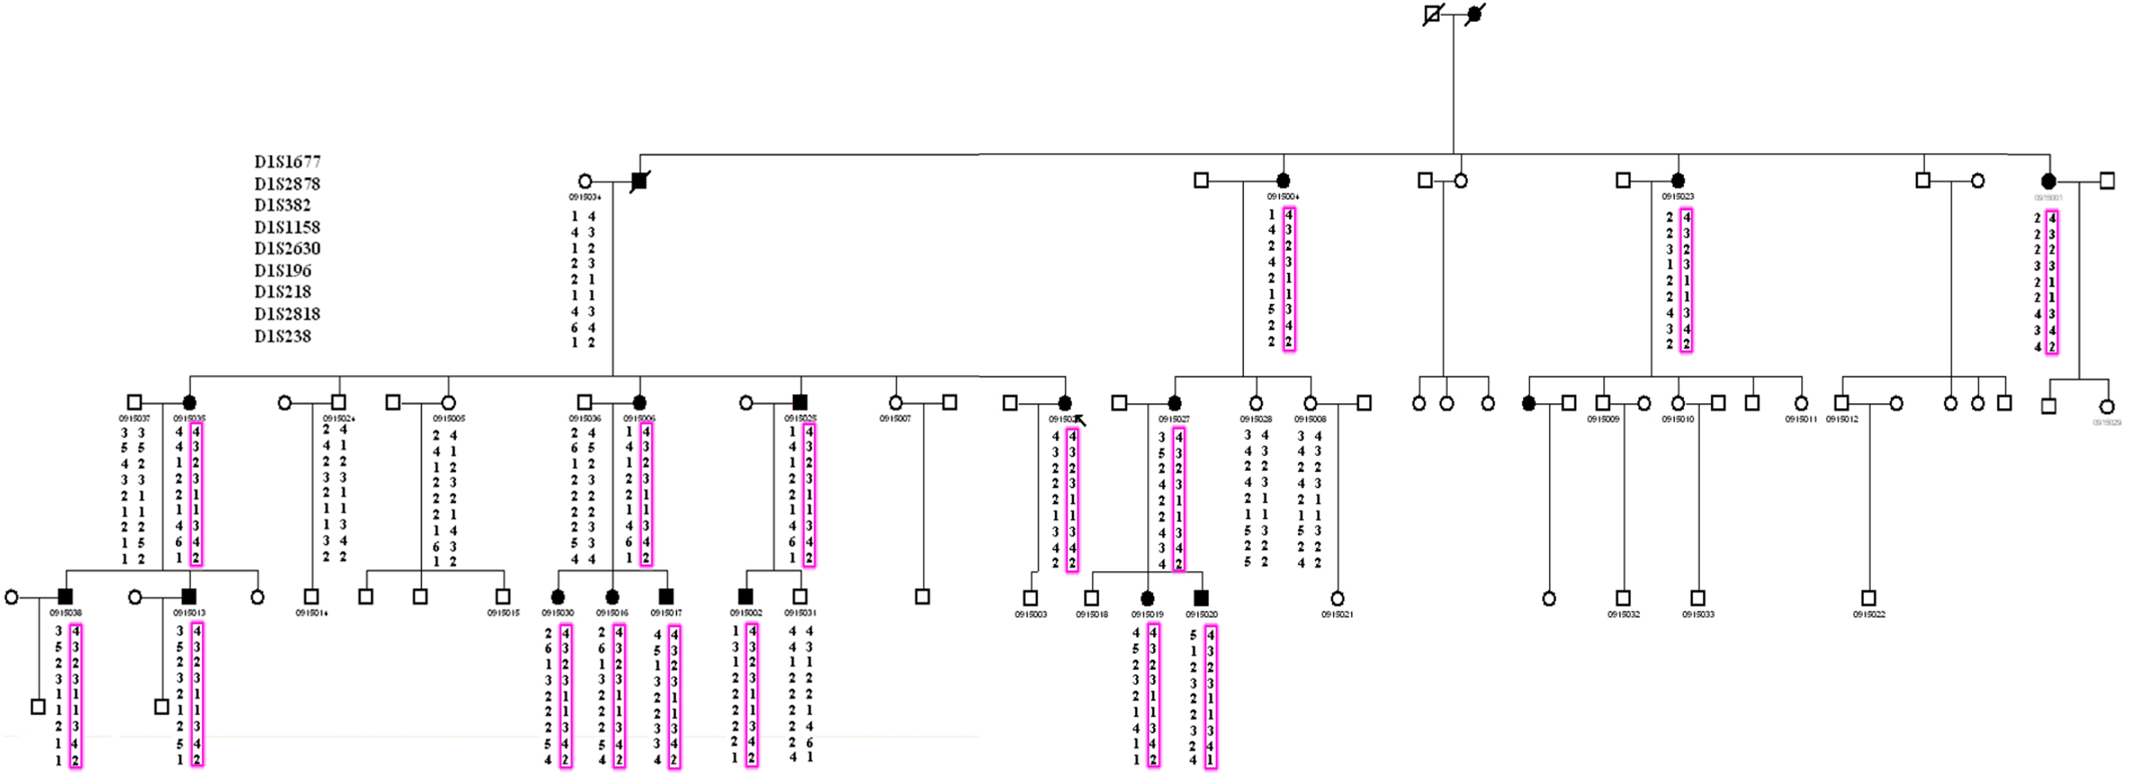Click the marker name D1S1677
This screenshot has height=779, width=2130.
point(287,161)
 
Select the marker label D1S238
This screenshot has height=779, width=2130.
point(283,336)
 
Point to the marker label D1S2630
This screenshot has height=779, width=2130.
point(287,248)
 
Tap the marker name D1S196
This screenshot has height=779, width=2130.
point(283,270)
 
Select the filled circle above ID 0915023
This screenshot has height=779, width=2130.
point(1678,180)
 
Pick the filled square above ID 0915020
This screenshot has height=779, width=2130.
point(1201,597)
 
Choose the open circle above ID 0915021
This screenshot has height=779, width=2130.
point(1337,598)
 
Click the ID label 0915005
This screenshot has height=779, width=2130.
point(449,418)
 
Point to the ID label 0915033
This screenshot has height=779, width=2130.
point(1698,615)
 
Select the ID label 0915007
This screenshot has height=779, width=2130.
point(895,418)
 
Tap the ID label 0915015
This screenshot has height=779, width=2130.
point(503,613)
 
